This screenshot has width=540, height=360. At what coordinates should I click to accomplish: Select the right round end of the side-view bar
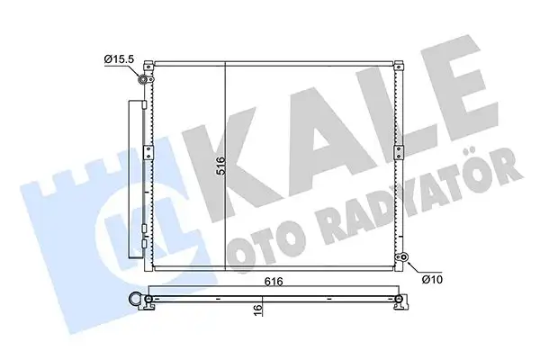[x=396, y=299]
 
